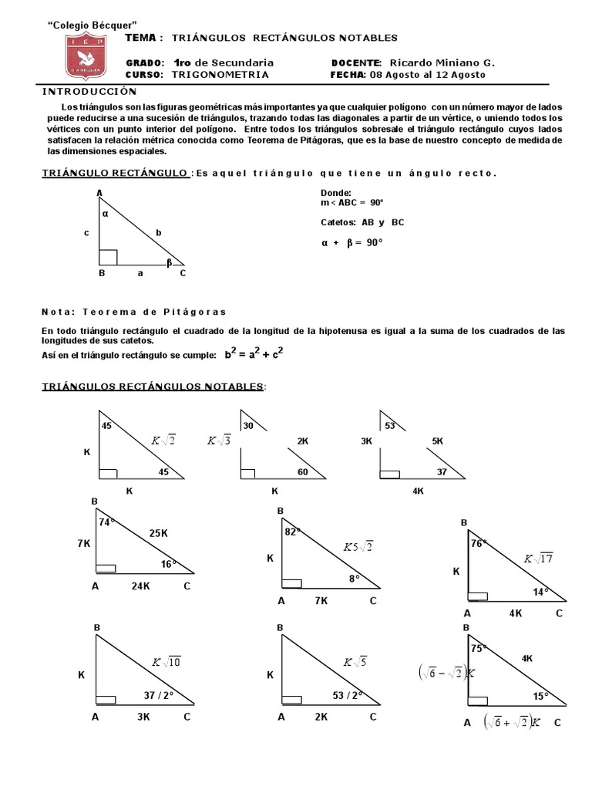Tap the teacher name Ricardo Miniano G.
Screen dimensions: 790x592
(x=443, y=62)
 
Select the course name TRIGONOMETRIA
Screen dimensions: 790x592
(x=220, y=75)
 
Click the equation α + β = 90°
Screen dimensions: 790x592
(x=351, y=241)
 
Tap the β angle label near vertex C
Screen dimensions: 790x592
(x=170, y=262)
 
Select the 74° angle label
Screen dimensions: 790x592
(x=106, y=522)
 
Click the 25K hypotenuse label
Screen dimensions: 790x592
(x=159, y=532)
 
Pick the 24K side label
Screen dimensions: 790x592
(x=140, y=587)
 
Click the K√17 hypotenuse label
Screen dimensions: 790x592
(x=539, y=559)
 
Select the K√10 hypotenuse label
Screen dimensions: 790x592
(x=166, y=662)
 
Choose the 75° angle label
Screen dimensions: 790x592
(x=479, y=649)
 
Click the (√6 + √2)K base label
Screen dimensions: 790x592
(x=512, y=723)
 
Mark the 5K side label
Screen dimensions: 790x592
(x=438, y=441)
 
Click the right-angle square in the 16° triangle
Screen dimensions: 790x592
(x=106, y=568)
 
